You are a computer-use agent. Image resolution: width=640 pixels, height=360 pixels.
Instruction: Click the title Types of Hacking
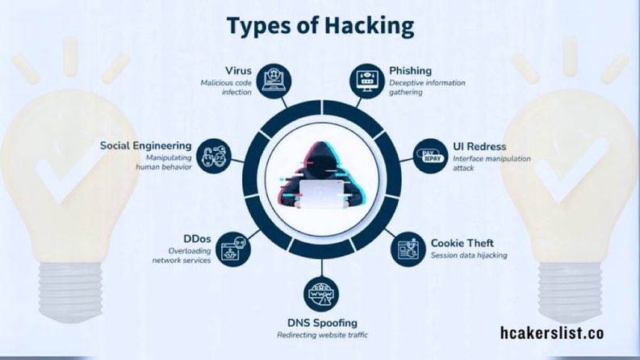[x=320, y=26]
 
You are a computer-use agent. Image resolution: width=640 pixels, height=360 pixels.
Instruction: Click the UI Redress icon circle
[x=428, y=154]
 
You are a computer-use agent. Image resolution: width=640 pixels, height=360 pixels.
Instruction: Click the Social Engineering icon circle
[x=212, y=154]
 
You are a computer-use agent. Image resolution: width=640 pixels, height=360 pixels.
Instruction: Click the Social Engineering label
[x=145, y=145]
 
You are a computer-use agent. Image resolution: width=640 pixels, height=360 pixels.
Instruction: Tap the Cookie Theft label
[x=462, y=242]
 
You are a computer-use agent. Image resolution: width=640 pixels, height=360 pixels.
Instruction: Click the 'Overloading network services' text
[x=185, y=256]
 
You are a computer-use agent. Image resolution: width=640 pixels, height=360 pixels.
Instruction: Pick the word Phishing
[x=411, y=70]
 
